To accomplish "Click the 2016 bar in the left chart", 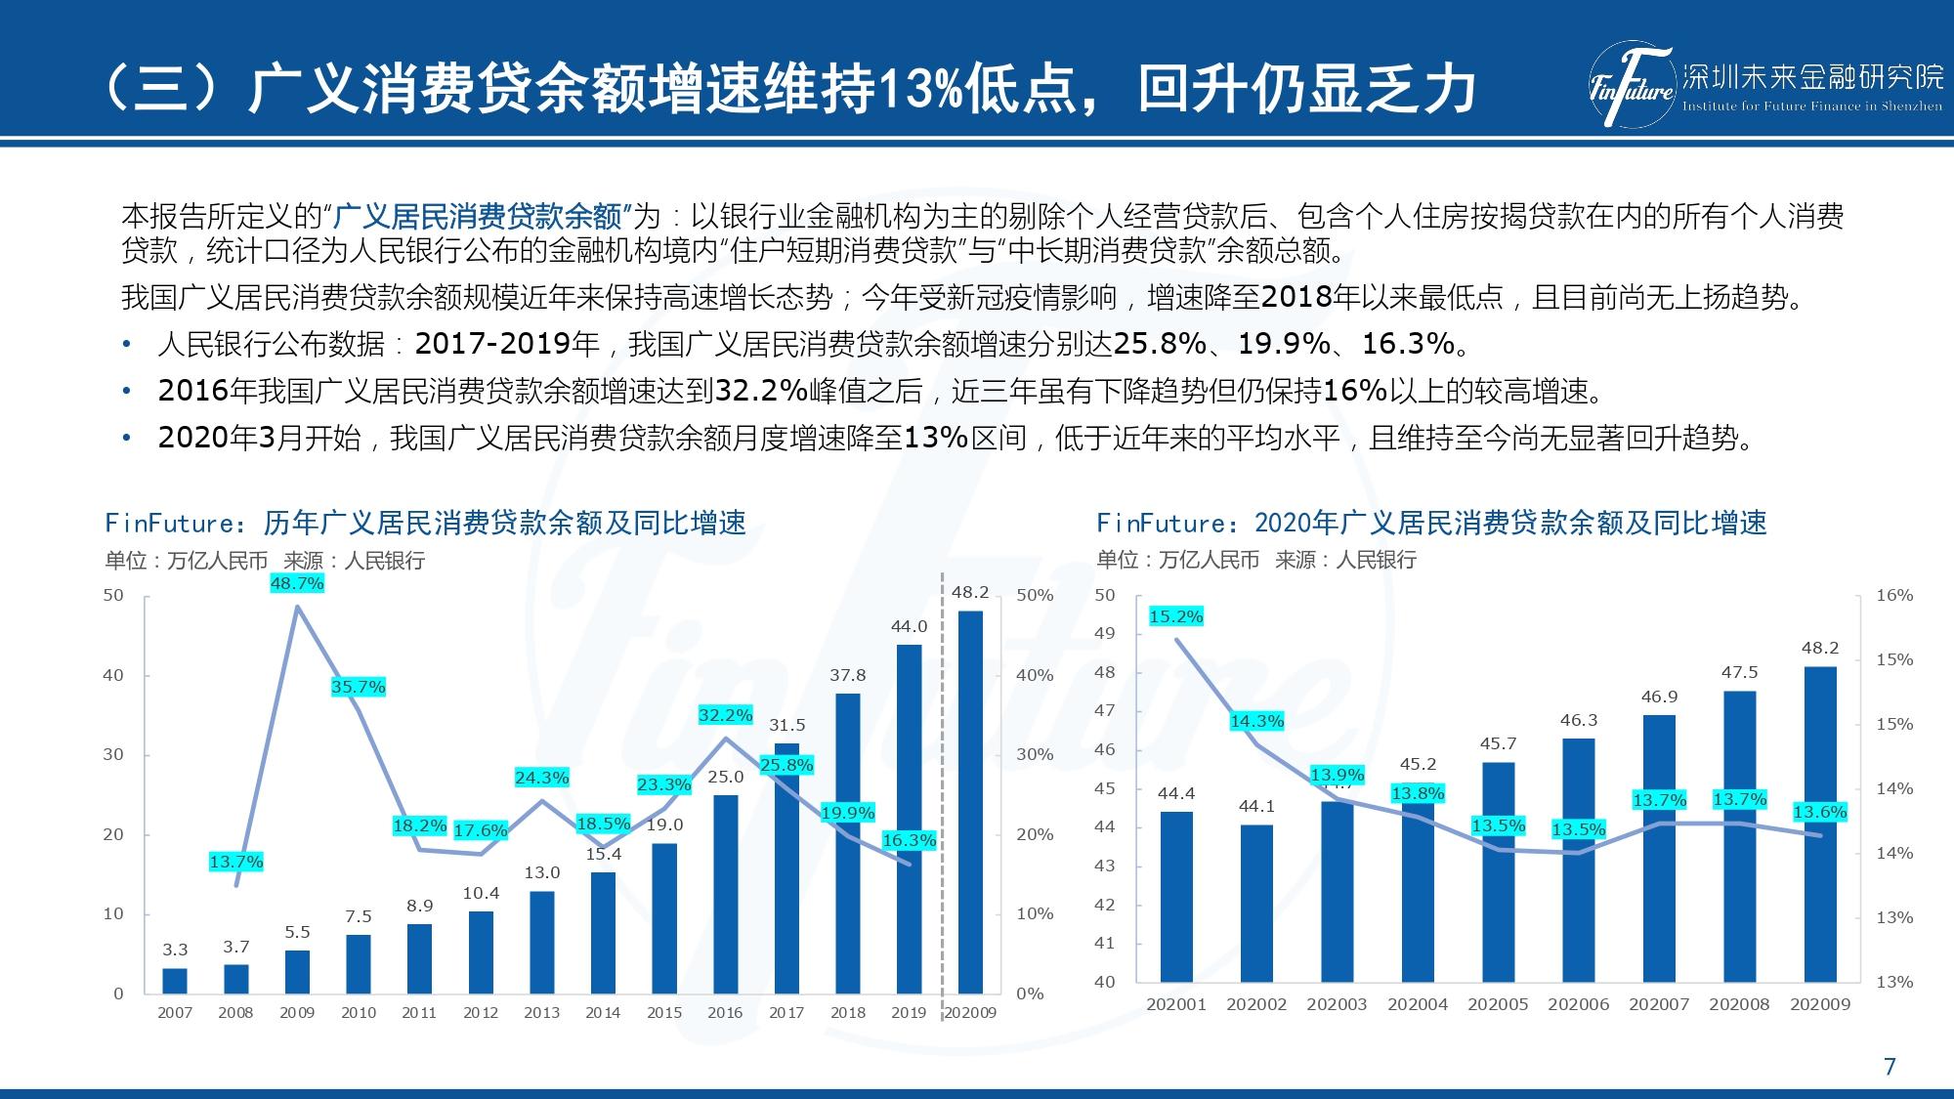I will [x=725, y=894].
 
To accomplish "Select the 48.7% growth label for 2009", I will [x=297, y=583].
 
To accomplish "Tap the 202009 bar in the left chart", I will [x=970, y=802].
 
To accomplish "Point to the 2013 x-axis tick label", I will [x=541, y=1013].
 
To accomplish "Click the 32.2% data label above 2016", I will [x=725, y=715].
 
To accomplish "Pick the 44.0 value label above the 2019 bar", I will [x=909, y=626].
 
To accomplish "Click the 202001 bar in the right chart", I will [x=1176, y=896].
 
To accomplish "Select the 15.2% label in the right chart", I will [x=1176, y=616].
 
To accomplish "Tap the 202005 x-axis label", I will [x=1498, y=1004].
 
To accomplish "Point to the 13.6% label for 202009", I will [x=1820, y=812].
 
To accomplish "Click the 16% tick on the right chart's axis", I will [x=1894, y=595].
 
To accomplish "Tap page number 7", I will [x=1890, y=1067].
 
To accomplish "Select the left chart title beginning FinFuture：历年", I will [x=425, y=524].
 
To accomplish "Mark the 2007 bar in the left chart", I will [x=175, y=981].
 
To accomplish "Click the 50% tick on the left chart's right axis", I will [x=1035, y=595].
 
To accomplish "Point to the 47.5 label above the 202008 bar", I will [x=1739, y=672].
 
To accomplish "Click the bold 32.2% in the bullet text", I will [x=761, y=392].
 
